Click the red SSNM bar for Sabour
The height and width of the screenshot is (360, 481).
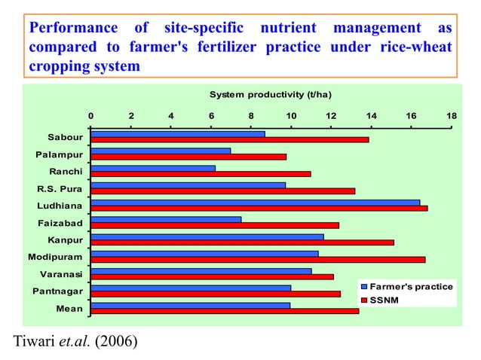coord(229,139)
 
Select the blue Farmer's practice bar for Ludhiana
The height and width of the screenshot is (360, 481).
coord(255,202)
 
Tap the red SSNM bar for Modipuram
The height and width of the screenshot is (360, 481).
coord(258,260)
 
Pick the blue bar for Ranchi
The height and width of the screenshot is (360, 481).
coord(153,168)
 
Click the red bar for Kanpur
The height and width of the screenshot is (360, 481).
coord(242,243)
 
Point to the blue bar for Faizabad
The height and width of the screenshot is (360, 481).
coord(166,219)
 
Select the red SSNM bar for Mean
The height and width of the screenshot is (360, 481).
coord(225,311)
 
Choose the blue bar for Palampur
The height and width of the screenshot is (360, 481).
coord(161,151)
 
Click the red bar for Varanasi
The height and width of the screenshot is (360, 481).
coord(212,277)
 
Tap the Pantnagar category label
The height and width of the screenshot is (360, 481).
coord(59,291)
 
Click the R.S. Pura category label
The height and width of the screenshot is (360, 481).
coord(60,188)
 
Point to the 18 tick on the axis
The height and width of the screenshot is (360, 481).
coord(451,116)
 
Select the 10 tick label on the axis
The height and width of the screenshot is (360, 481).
coord(291,116)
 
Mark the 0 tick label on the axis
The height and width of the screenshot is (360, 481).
coord(91,116)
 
